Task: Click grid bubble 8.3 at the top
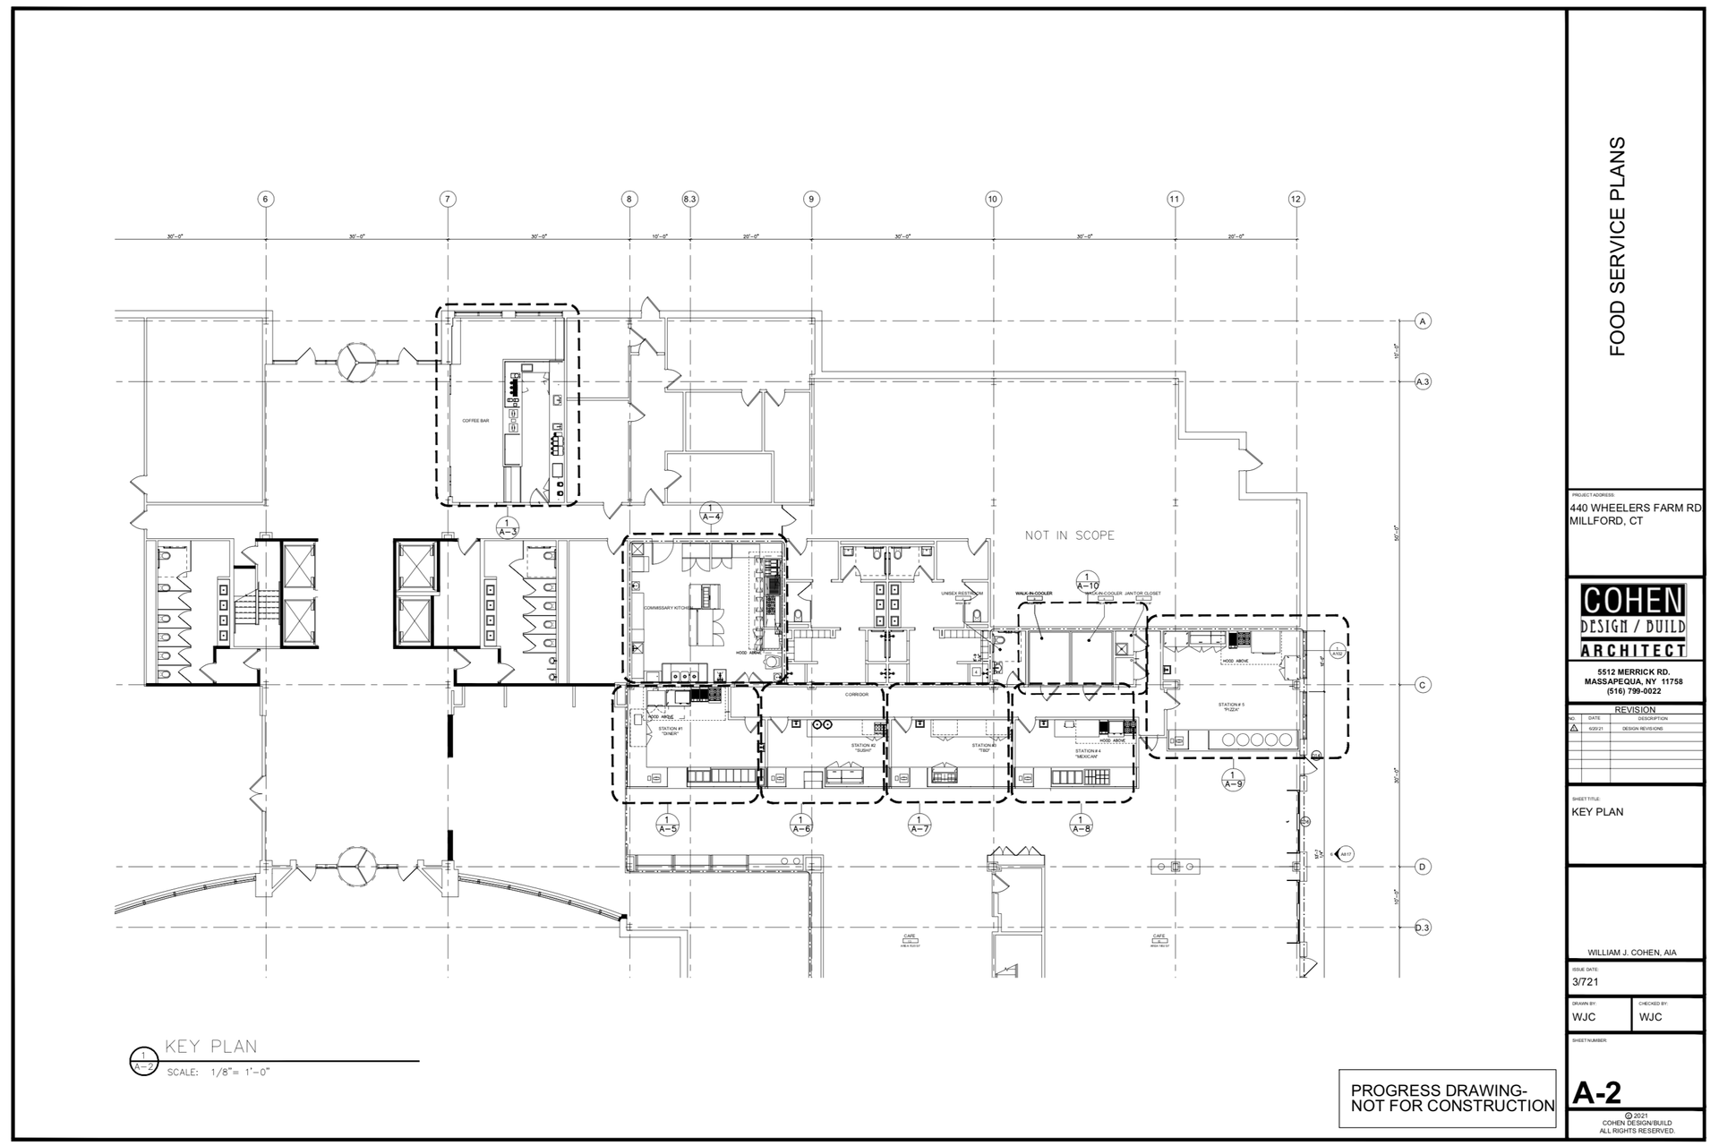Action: coord(689,199)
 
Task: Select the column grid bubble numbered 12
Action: coord(1296,199)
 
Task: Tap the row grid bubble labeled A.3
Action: coord(1423,382)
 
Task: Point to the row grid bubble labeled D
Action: coord(1423,867)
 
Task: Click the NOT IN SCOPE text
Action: coord(1070,535)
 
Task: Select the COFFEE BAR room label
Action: coord(475,421)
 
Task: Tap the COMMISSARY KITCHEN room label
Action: coord(668,608)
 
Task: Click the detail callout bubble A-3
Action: coord(507,526)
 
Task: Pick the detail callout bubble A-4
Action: coord(711,512)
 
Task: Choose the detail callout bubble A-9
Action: coord(1233,780)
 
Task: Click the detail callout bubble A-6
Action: coord(801,825)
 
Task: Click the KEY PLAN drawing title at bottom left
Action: coord(211,1047)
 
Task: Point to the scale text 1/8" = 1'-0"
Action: coord(218,1072)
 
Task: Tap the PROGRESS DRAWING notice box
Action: coord(1452,1099)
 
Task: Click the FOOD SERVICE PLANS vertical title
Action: coord(1617,246)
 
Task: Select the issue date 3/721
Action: coord(1585,982)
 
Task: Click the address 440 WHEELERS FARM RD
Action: coord(1635,508)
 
